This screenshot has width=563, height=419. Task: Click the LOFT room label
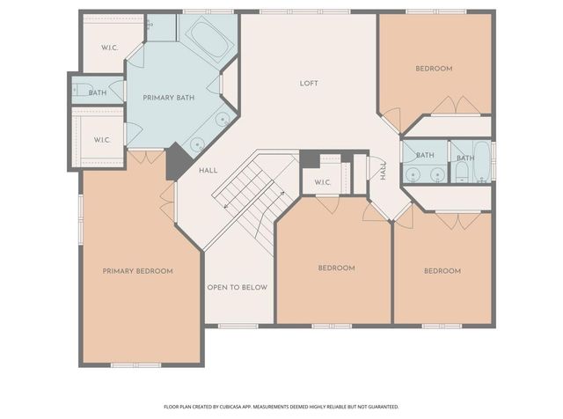308,84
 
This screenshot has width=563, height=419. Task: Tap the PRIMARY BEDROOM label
137,271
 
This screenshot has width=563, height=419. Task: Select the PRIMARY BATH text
170,98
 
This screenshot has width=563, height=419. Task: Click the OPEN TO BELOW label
237,287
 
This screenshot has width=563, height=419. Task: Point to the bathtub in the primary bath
204,37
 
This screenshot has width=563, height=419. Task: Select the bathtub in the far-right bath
480,162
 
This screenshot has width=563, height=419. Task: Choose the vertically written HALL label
384,170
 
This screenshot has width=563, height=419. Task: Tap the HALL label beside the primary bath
208,170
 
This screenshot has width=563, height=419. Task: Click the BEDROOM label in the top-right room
434,69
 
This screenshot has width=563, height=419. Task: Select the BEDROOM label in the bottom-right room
442,271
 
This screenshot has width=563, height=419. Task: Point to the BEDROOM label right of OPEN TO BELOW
336,268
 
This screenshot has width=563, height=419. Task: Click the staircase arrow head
227,206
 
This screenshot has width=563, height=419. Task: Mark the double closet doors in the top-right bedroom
456,107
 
